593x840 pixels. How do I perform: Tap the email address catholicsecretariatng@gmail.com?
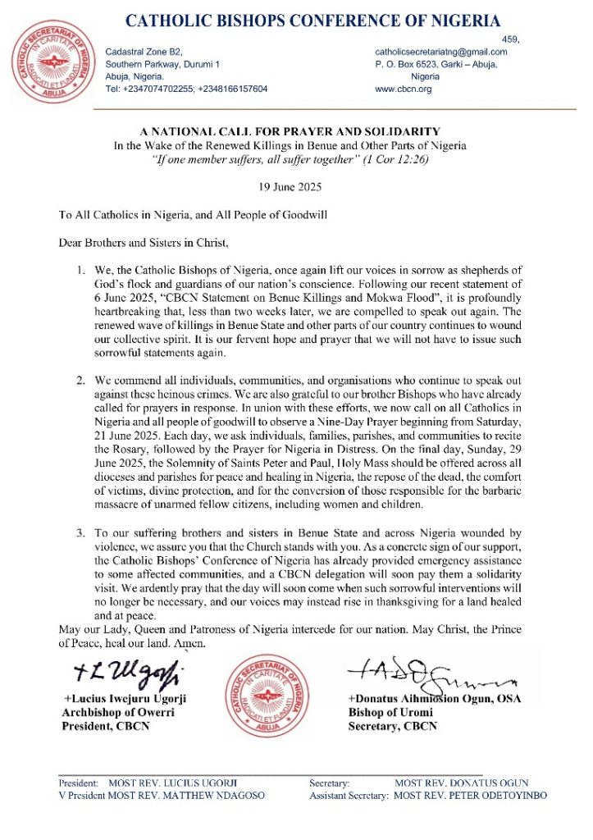point(441,52)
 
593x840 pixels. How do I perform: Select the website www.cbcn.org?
point(403,88)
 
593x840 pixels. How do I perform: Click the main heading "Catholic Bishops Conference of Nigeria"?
point(312,21)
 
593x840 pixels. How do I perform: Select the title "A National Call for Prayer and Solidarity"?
point(291,131)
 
